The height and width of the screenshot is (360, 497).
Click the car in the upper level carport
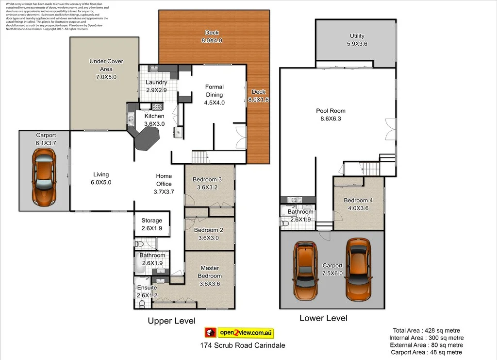(44, 177)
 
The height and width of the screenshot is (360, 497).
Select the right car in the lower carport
(358, 269)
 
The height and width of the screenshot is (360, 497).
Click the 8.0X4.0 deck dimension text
(212, 41)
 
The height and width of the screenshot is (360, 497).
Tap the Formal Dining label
(214, 91)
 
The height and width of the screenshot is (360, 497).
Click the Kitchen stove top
(158, 107)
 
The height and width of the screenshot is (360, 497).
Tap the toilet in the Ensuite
(142, 304)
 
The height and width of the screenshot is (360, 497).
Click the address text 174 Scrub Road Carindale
(242, 345)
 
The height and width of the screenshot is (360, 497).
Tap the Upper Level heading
(171, 321)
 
